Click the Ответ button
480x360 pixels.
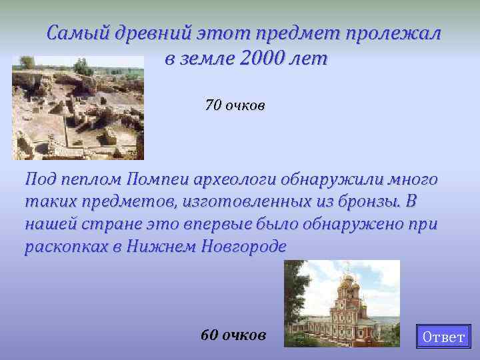443,337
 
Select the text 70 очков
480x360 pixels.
235,105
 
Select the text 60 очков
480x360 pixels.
233,334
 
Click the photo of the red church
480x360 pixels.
341,303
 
